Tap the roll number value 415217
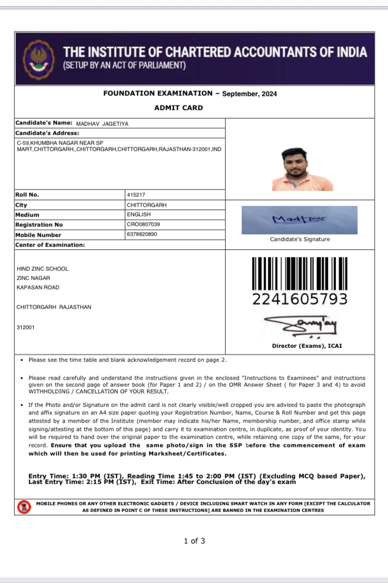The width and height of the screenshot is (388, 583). tap(136, 195)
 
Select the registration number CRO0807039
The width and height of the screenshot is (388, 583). tap(143, 225)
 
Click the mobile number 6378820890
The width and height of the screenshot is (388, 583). tap(142, 235)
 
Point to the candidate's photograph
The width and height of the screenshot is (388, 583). tap(302, 169)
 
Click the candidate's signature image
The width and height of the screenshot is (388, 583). tap(300, 220)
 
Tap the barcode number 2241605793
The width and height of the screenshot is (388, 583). tap(300, 299)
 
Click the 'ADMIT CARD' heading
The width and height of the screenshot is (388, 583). tap(178, 108)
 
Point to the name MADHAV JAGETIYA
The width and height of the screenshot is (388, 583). tap(102, 124)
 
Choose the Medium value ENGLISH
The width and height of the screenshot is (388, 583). tap(139, 214)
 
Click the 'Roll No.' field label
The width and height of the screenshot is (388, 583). tap(27, 195)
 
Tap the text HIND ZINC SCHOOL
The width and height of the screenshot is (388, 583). tap(42, 269)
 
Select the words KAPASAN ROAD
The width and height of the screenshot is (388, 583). tap(38, 287)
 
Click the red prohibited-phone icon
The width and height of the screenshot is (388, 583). tap(24, 506)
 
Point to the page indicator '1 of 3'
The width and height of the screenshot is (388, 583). tap(195, 541)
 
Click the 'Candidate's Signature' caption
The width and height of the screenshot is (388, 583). tap(300, 239)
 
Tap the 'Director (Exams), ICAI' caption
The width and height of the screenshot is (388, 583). tap(307, 346)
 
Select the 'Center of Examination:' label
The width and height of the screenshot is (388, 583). tap(50, 244)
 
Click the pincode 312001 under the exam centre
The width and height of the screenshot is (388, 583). tap(26, 327)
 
